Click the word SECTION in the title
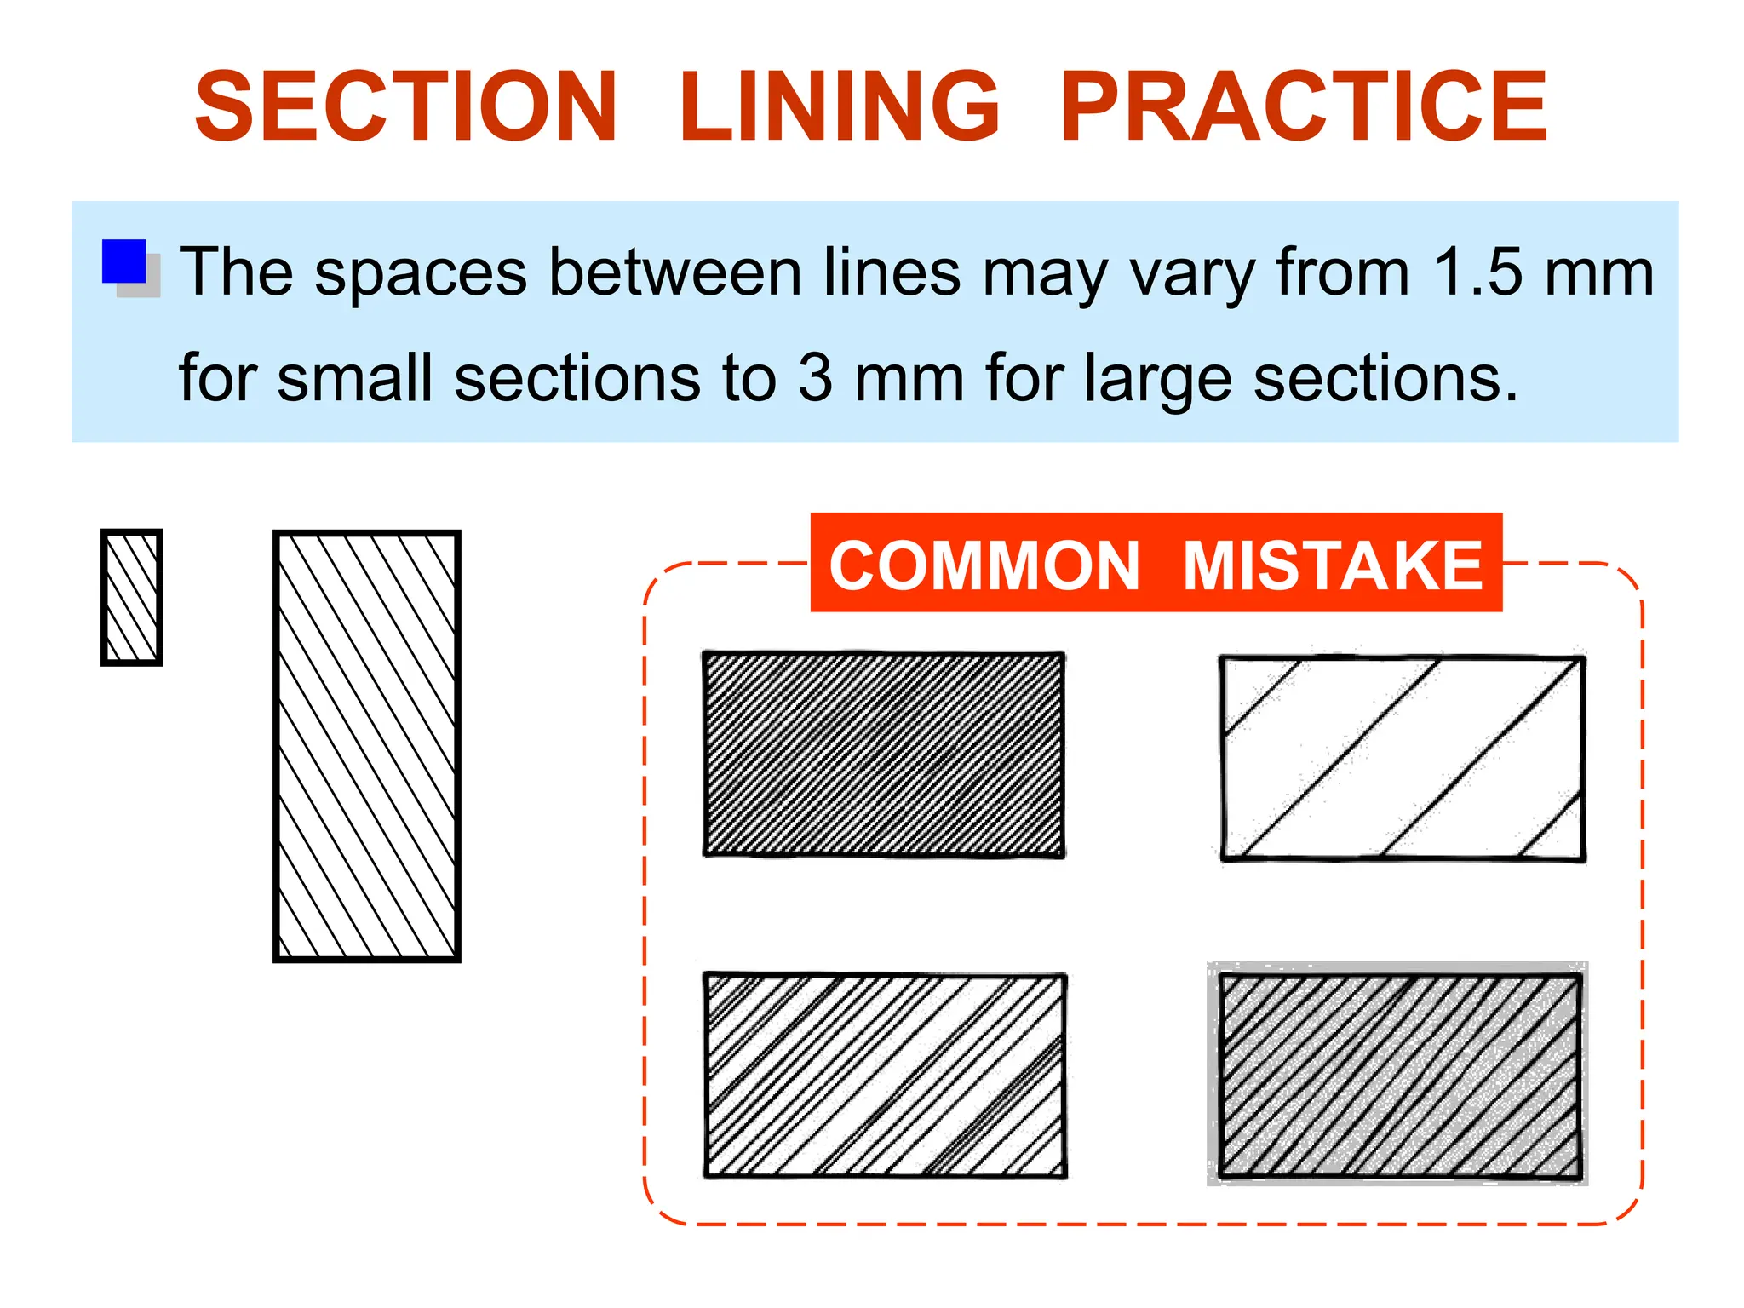tap(405, 106)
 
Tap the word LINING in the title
tap(839, 106)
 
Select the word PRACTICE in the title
tap(1303, 106)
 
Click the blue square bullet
tap(124, 261)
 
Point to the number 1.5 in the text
tap(1477, 272)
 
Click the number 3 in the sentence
tap(815, 377)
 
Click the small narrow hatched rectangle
tap(132, 597)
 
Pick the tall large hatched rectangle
tap(367, 746)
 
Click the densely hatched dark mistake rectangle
tap(884, 754)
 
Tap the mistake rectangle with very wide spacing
tap(1403, 758)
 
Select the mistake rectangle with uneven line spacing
tap(885, 1076)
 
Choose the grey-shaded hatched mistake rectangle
tap(1400, 1076)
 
